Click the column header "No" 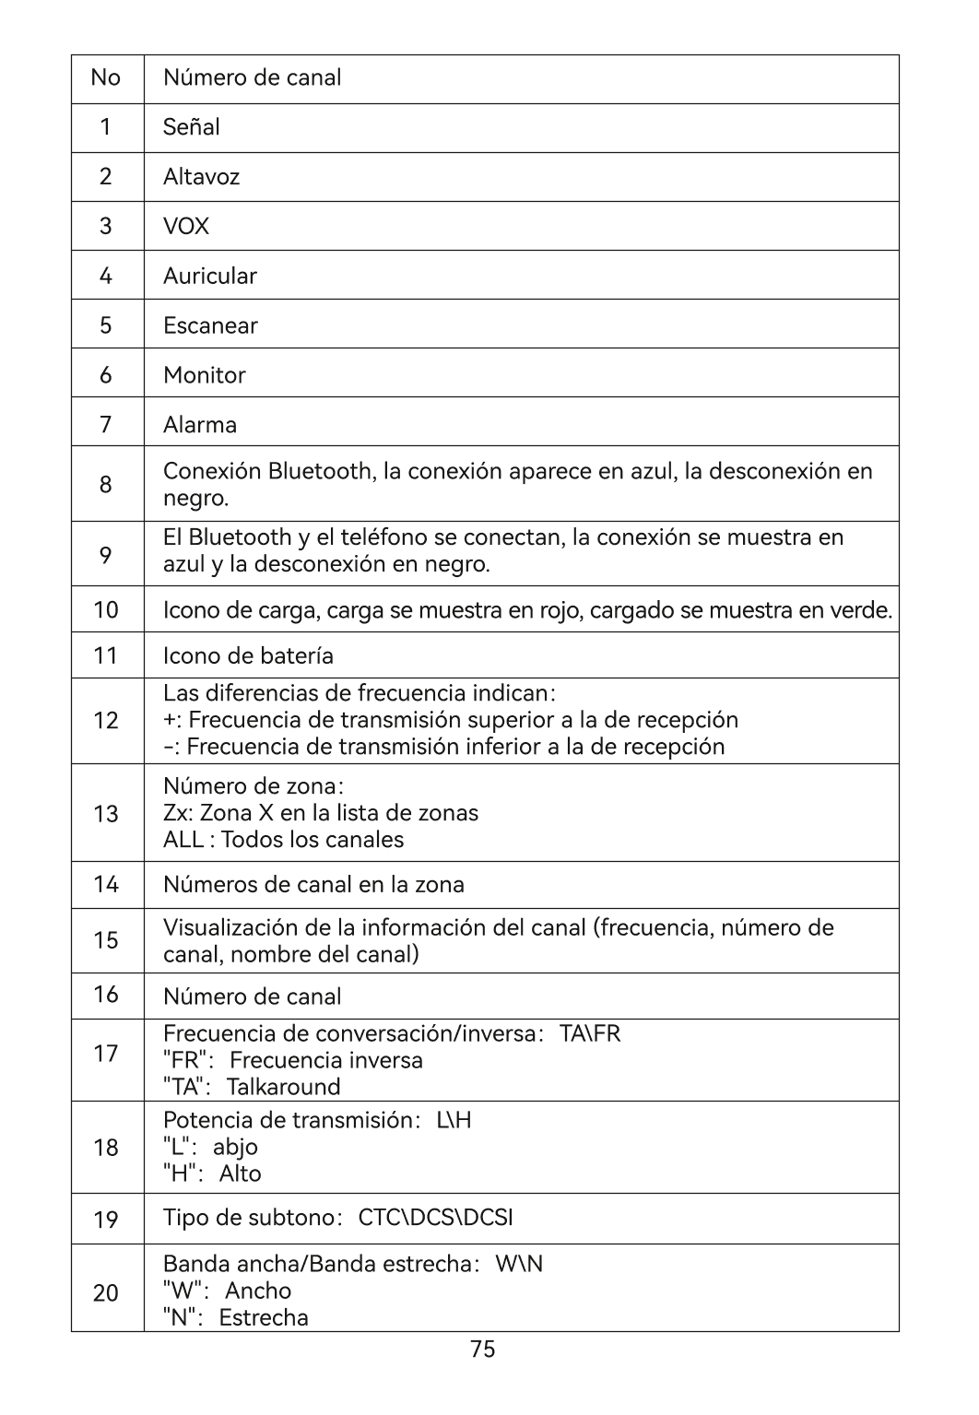click(106, 77)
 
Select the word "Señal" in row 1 click(192, 127)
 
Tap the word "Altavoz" click(201, 177)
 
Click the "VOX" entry click(186, 227)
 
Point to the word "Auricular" click(210, 276)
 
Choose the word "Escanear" click(210, 325)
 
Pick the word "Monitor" click(205, 375)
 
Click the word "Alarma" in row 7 click(200, 425)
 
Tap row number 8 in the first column click(106, 485)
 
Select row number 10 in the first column click(106, 609)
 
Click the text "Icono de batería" click(248, 655)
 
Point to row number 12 click(106, 721)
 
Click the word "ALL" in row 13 click(183, 840)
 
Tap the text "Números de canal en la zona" click(313, 885)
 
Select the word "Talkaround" click(284, 1087)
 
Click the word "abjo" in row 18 click(235, 1147)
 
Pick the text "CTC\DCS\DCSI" click(435, 1218)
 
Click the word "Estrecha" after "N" click(264, 1317)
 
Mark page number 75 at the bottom click(483, 1350)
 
